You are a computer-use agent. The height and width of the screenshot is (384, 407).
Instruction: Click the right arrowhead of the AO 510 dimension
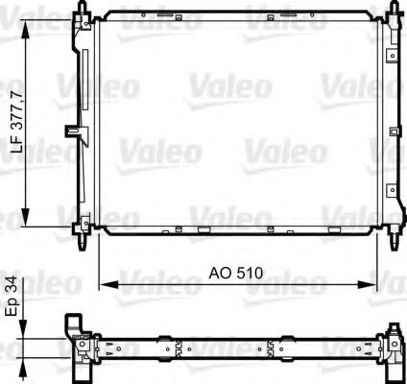(370, 284)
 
